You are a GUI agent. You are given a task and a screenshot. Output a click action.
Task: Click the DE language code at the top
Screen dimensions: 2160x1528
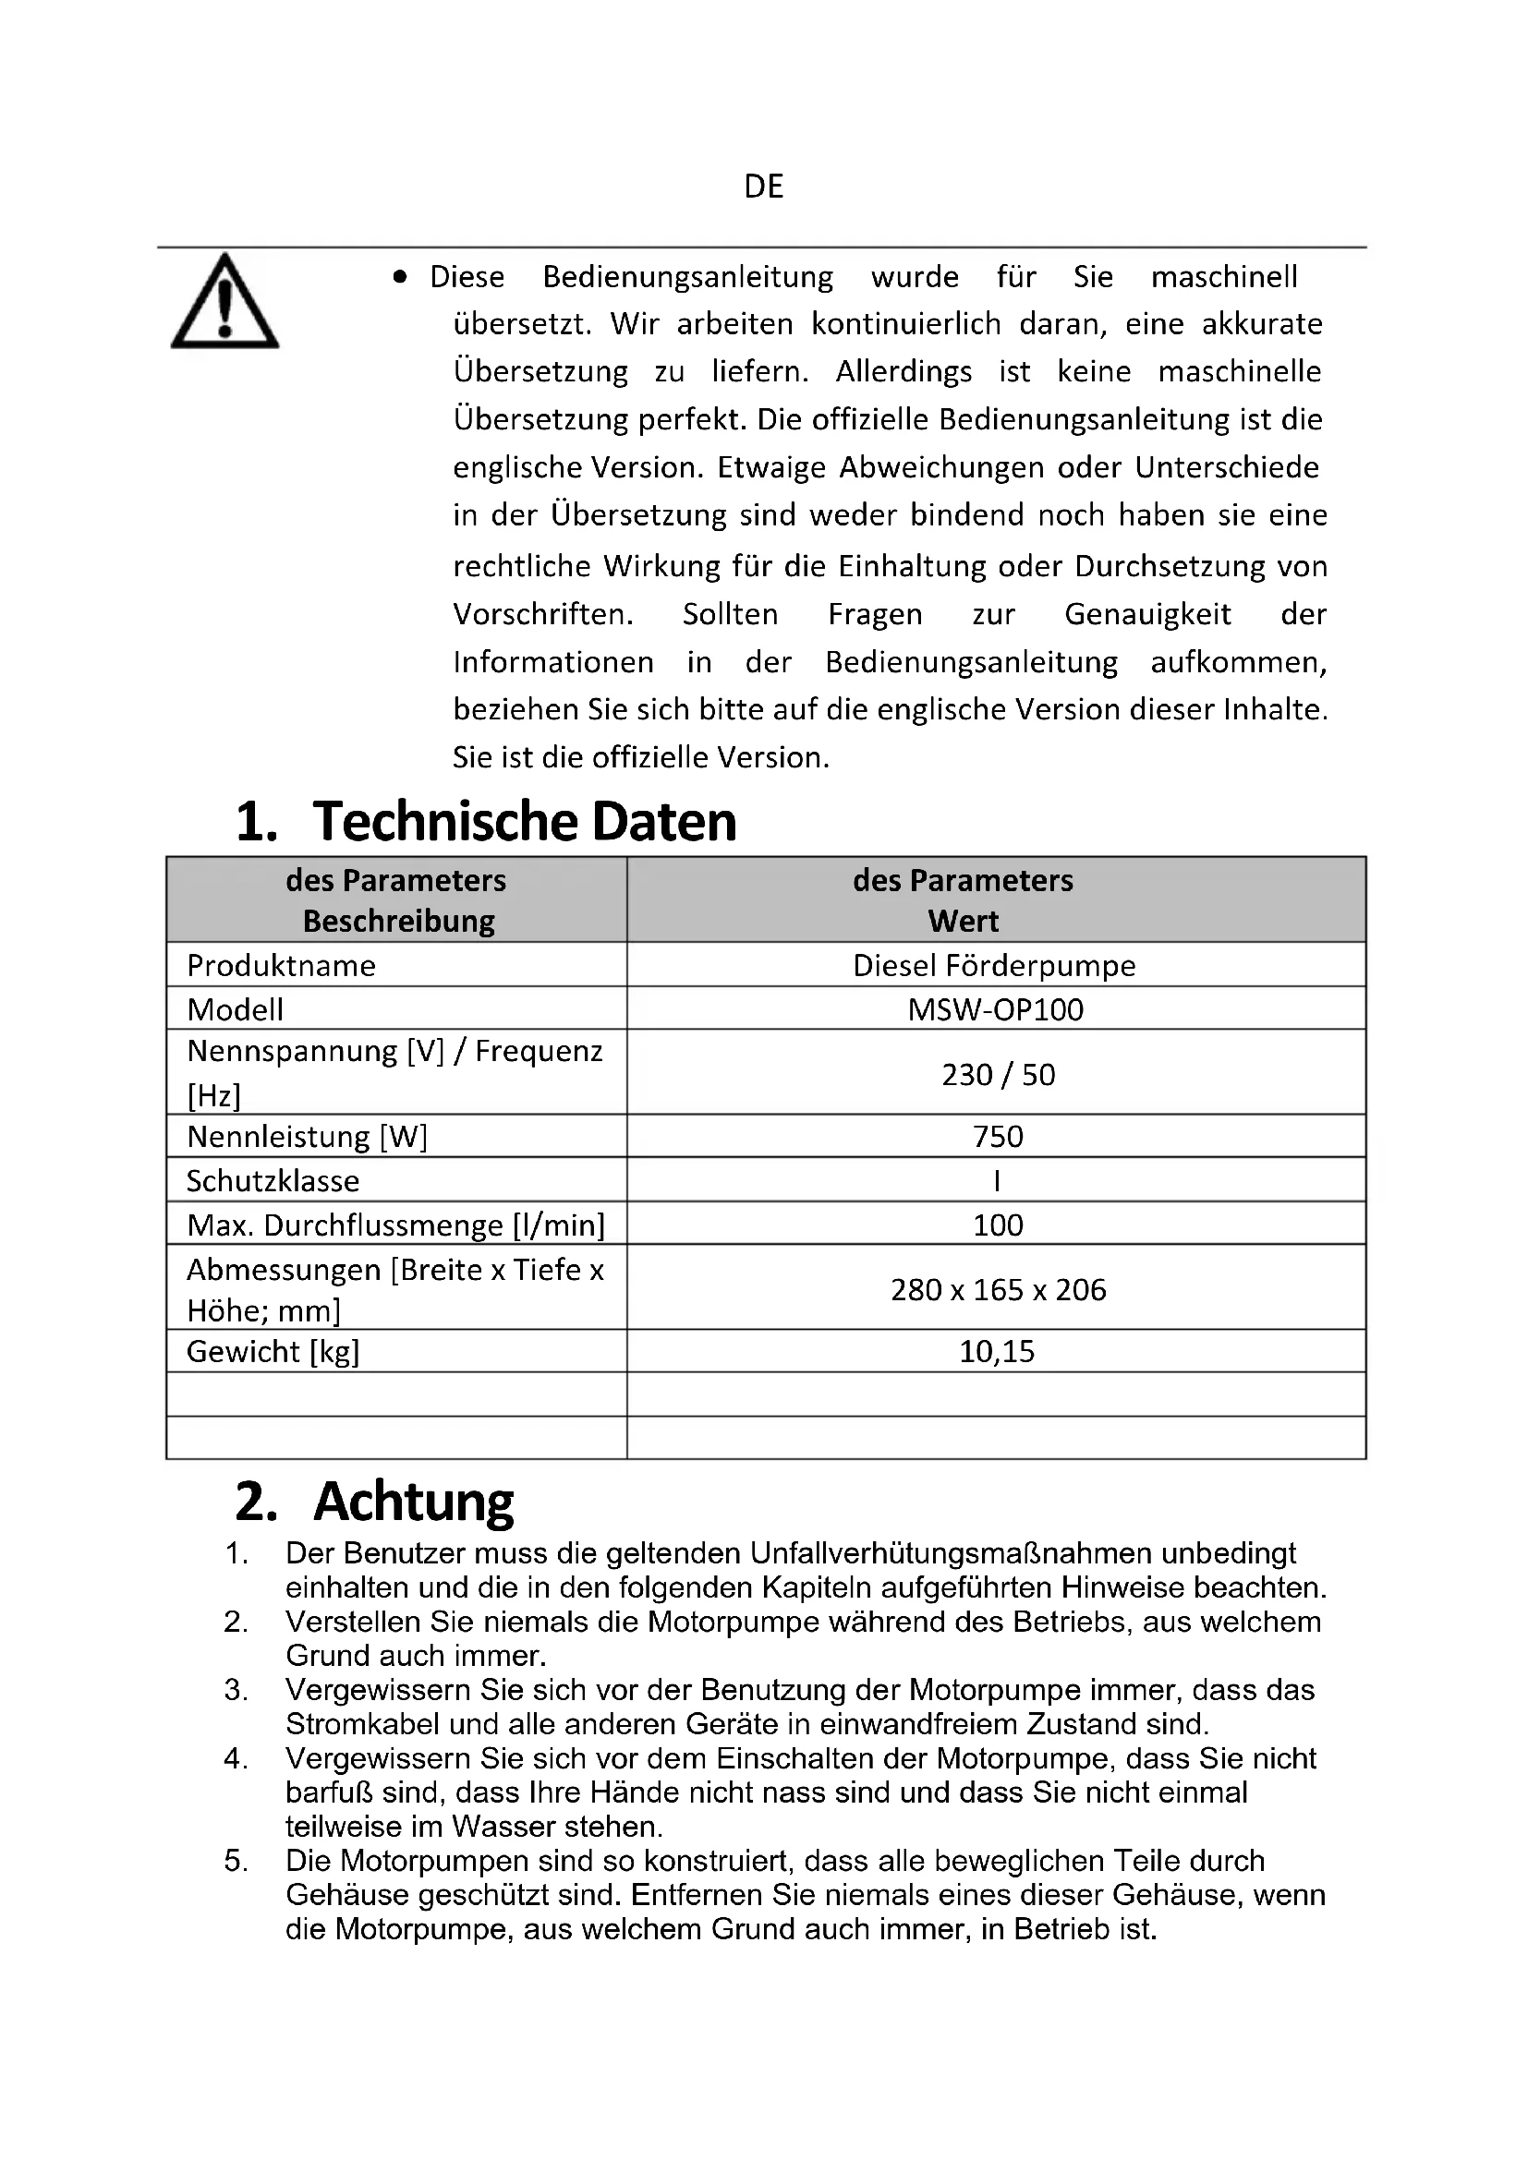763,187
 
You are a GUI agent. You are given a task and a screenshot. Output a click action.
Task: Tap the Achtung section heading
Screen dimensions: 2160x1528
413,1502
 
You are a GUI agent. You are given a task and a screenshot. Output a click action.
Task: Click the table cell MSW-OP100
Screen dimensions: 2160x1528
996,1009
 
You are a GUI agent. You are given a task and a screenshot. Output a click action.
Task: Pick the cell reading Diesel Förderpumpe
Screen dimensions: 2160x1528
995,965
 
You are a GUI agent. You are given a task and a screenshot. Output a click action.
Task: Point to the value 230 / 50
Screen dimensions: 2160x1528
998,1073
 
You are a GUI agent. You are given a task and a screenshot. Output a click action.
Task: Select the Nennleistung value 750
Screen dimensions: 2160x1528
998,1137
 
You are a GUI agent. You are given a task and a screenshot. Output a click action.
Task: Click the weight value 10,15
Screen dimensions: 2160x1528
997,1351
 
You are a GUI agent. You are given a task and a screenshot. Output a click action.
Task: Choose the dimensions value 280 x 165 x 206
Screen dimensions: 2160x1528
998,1289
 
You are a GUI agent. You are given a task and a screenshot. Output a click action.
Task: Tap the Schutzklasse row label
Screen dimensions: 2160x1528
273,1181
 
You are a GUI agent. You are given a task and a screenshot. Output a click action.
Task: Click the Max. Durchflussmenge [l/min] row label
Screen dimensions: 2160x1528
395,1225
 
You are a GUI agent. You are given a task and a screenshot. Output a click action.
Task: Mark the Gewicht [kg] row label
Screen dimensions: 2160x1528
273,1351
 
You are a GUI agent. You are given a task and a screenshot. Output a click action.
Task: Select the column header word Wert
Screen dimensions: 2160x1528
964,920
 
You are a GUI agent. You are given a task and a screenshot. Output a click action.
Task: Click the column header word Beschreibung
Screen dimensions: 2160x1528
398,920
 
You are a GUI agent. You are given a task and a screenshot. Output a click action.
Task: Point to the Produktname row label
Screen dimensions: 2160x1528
282,965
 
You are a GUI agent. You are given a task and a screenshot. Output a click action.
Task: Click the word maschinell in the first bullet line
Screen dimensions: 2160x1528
1223,277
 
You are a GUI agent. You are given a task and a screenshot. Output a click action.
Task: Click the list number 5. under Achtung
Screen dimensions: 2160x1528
236,1861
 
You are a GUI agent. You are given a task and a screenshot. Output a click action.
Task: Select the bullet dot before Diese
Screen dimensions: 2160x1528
401,277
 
